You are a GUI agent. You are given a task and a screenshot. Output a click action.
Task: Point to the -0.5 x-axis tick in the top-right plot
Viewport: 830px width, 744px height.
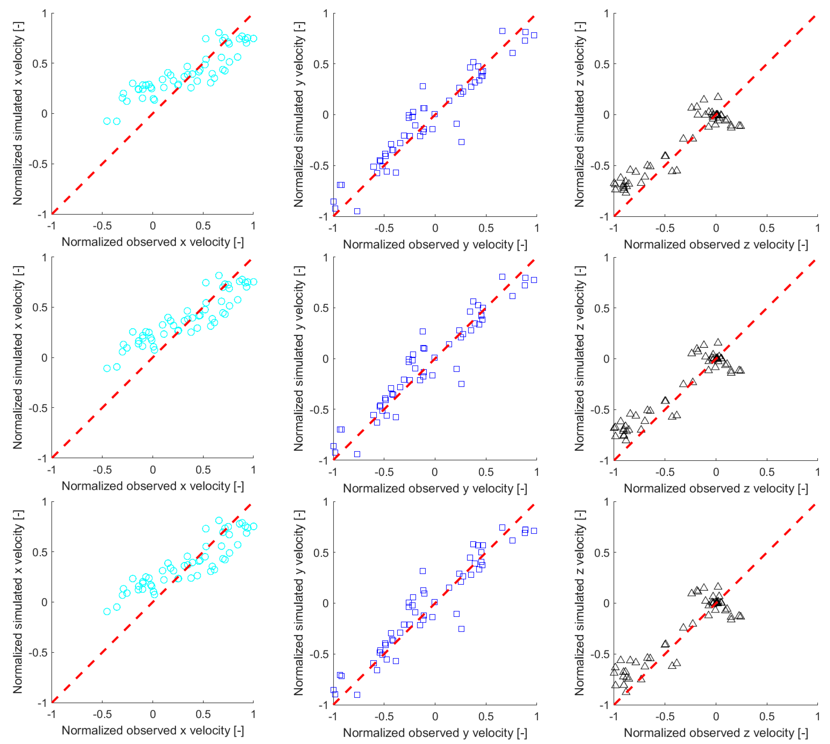[665, 228]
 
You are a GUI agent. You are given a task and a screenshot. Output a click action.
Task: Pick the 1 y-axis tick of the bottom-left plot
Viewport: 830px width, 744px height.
[44, 502]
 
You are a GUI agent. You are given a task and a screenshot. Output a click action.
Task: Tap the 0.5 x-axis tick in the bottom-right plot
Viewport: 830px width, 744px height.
[766, 716]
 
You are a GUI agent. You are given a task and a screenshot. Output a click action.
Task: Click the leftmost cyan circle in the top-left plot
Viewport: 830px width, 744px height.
[107, 121]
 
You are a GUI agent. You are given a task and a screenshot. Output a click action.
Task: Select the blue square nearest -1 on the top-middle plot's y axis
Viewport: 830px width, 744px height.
[357, 211]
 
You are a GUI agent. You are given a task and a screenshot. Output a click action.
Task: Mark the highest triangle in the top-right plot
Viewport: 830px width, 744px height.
[718, 97]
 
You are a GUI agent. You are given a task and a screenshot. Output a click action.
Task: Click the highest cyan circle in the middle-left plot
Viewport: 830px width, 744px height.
[219, 276]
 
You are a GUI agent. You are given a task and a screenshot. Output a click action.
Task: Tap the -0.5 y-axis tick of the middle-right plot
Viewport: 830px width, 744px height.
[601, 410]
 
